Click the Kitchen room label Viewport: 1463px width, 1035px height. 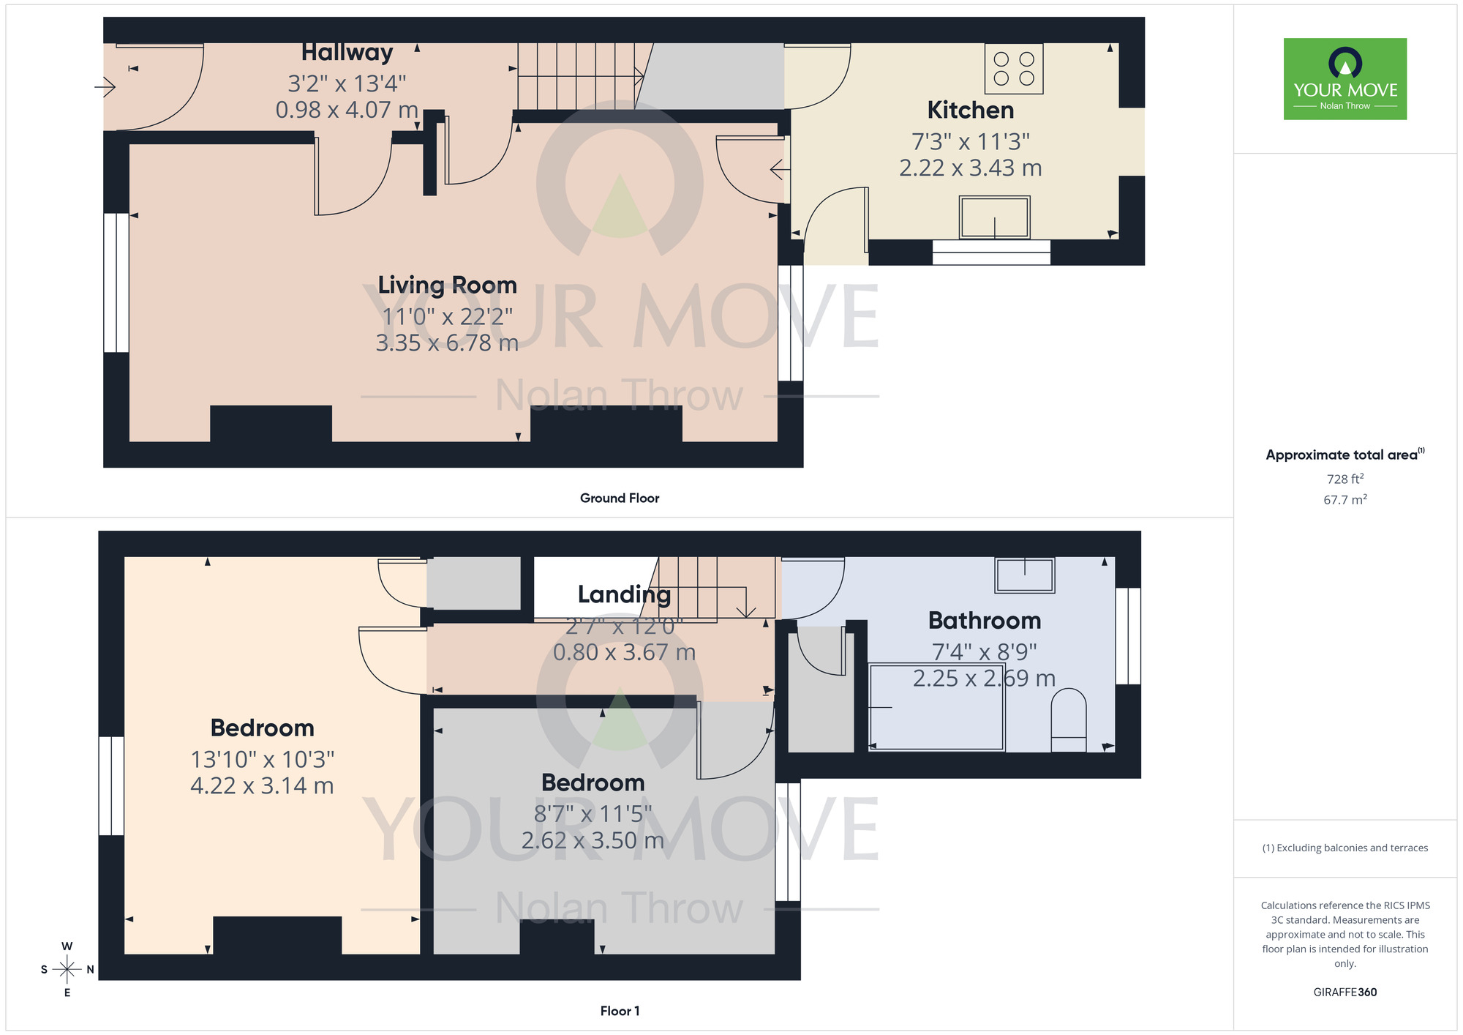point(970,111)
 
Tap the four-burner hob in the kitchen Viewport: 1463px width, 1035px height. point(1014,69)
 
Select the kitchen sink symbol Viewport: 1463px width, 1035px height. point(994,217)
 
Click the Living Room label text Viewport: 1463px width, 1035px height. point(447,285)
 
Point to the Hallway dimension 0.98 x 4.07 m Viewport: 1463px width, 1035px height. point(347,110)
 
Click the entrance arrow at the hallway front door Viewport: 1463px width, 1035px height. point(105,87)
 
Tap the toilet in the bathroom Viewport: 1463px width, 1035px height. point(1068,720)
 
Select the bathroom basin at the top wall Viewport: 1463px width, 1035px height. point(1024,575)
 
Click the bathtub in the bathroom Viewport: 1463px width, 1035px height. point(936,707)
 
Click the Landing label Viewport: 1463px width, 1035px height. point(624,594)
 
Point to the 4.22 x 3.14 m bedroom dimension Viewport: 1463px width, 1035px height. point(262,785)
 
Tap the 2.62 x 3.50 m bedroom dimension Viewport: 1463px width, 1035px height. point(593,840)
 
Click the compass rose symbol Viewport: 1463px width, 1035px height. point(67,970)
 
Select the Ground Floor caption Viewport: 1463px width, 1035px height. point(620,498)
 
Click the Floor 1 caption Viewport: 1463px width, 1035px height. point(620,1011)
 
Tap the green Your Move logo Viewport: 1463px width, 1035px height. point(1344,79)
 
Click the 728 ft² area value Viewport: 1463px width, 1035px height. point(1344,479)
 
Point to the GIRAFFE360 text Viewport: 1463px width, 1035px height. point(1344,993)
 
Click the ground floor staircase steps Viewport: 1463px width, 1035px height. point(578,76)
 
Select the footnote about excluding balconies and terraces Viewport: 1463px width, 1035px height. point(1344,848)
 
